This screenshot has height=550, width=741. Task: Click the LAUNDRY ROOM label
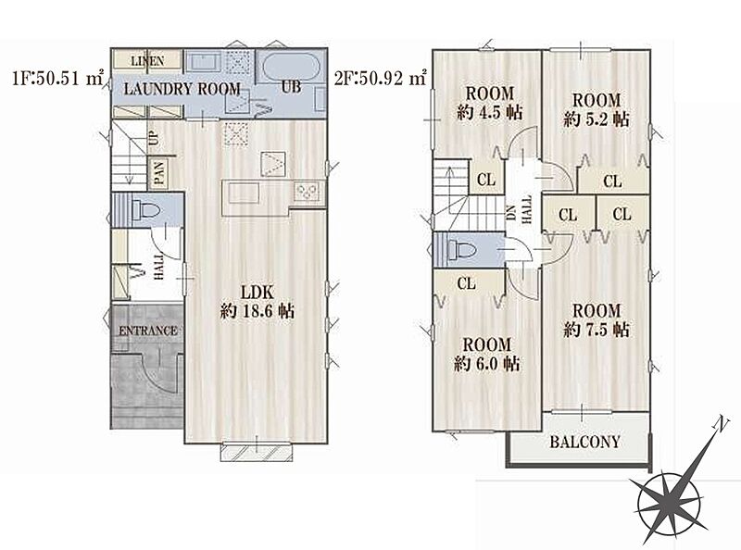point(182,89)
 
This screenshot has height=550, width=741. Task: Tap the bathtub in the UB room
point(290,66)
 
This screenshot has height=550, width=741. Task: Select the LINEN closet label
point(147,61)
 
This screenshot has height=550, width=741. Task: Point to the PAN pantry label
point(159,173)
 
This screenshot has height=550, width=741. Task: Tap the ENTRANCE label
point(148,331)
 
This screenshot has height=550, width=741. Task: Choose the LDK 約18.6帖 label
point(257,302)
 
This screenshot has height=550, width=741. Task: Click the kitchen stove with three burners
point(308,192)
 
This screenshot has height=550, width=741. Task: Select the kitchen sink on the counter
point(243,193)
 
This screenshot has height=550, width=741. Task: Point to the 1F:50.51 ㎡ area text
point(57,78)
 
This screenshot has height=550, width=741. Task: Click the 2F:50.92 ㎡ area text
point(381,78)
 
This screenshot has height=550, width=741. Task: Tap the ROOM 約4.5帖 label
point(490,103)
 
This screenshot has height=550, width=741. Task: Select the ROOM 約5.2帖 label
point(597,109)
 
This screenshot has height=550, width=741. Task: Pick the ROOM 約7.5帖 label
point(597,319)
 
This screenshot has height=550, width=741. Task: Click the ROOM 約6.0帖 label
point(487,354)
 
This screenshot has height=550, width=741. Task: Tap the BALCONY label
point(584,442)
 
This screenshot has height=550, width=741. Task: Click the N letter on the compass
point(720,424)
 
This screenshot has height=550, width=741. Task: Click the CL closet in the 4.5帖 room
point(486,180)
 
